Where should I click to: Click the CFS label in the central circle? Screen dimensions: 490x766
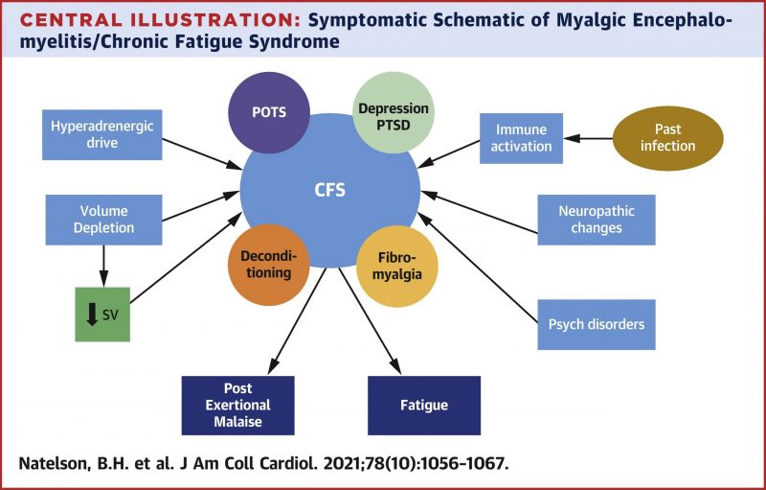(329, 190)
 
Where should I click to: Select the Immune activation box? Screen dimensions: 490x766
(523, 138)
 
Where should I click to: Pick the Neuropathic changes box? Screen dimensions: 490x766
(595, 220)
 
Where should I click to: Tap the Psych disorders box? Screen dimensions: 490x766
(596, 324)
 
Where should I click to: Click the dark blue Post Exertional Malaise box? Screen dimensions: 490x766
(237, 406)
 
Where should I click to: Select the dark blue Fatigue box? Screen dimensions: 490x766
(423, 406)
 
